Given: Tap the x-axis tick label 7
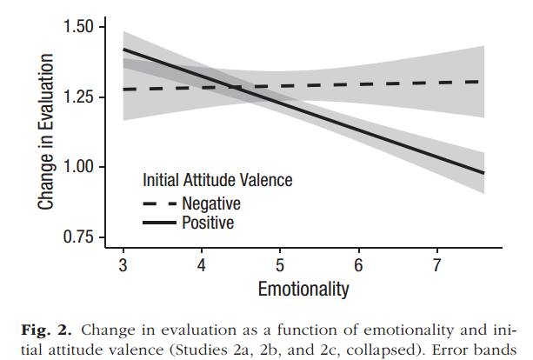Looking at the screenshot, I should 437,263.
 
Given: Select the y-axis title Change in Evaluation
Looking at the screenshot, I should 44,131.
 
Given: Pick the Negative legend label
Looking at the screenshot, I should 211,203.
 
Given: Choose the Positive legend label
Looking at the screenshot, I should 208,223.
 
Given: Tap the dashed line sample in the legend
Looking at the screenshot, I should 159,203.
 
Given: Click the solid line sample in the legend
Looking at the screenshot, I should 159,223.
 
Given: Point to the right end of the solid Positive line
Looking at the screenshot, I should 483,173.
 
